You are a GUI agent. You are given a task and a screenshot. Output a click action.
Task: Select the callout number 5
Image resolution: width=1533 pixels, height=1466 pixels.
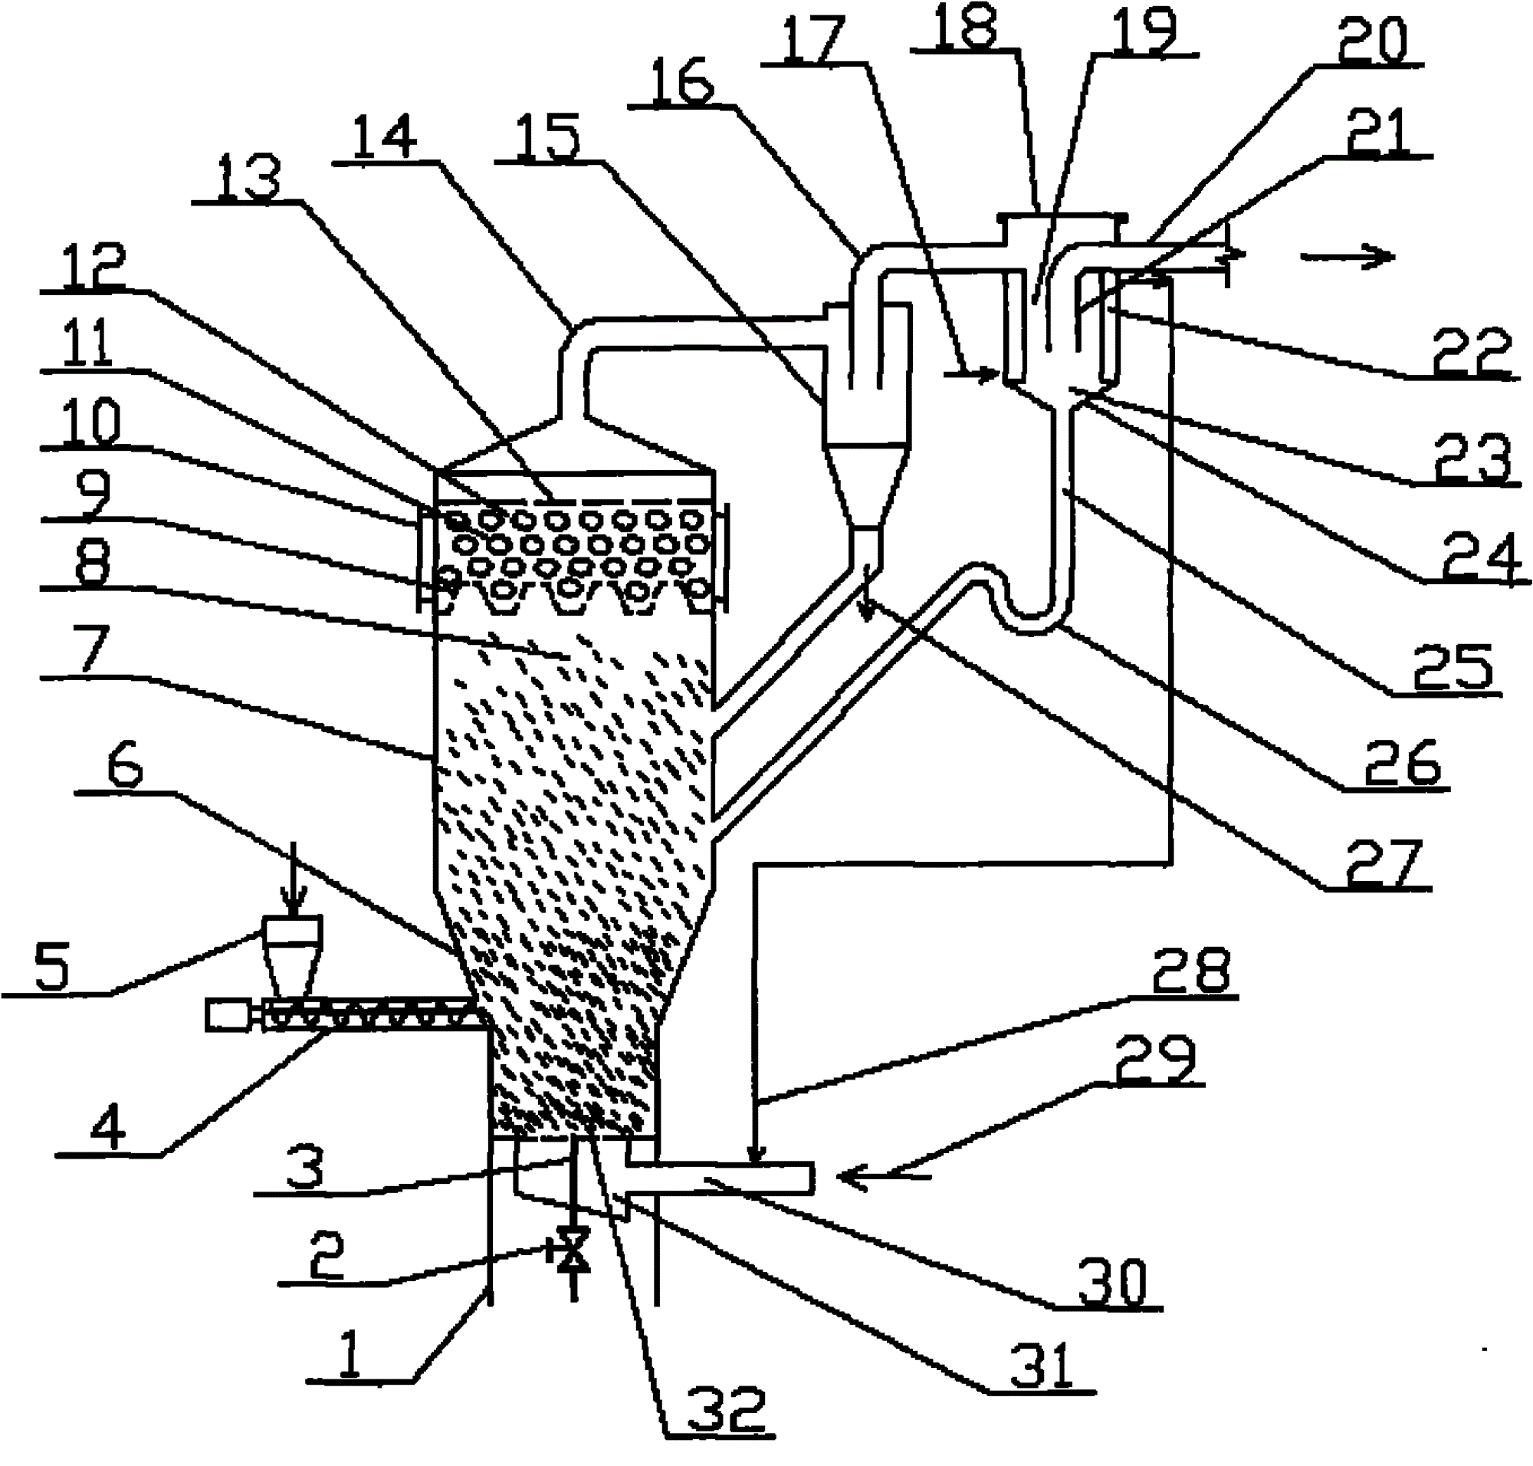[51, 966]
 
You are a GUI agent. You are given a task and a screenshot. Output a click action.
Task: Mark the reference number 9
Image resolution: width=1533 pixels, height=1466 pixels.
[93, 494]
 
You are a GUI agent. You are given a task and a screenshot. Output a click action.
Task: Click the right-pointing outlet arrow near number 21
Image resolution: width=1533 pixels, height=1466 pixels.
[1346, 255]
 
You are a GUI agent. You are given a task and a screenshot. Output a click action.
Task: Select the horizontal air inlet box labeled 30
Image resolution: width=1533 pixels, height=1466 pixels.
[720, 1178]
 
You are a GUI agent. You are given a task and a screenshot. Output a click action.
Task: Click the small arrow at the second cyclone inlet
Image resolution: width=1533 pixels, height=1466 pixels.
[972, 374]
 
